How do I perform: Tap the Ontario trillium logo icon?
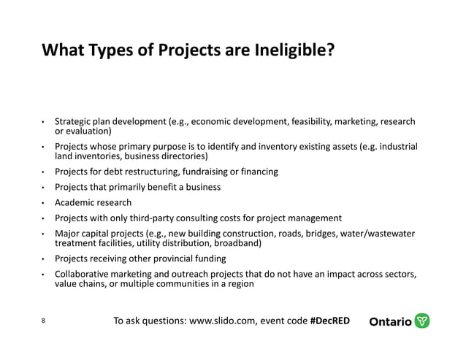[422, 321]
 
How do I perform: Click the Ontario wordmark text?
[390, 322]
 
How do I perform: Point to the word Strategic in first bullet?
[74, 121]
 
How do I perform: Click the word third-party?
[156, 218]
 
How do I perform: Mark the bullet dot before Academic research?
[44, 203]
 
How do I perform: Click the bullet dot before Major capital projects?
[44, 234]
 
